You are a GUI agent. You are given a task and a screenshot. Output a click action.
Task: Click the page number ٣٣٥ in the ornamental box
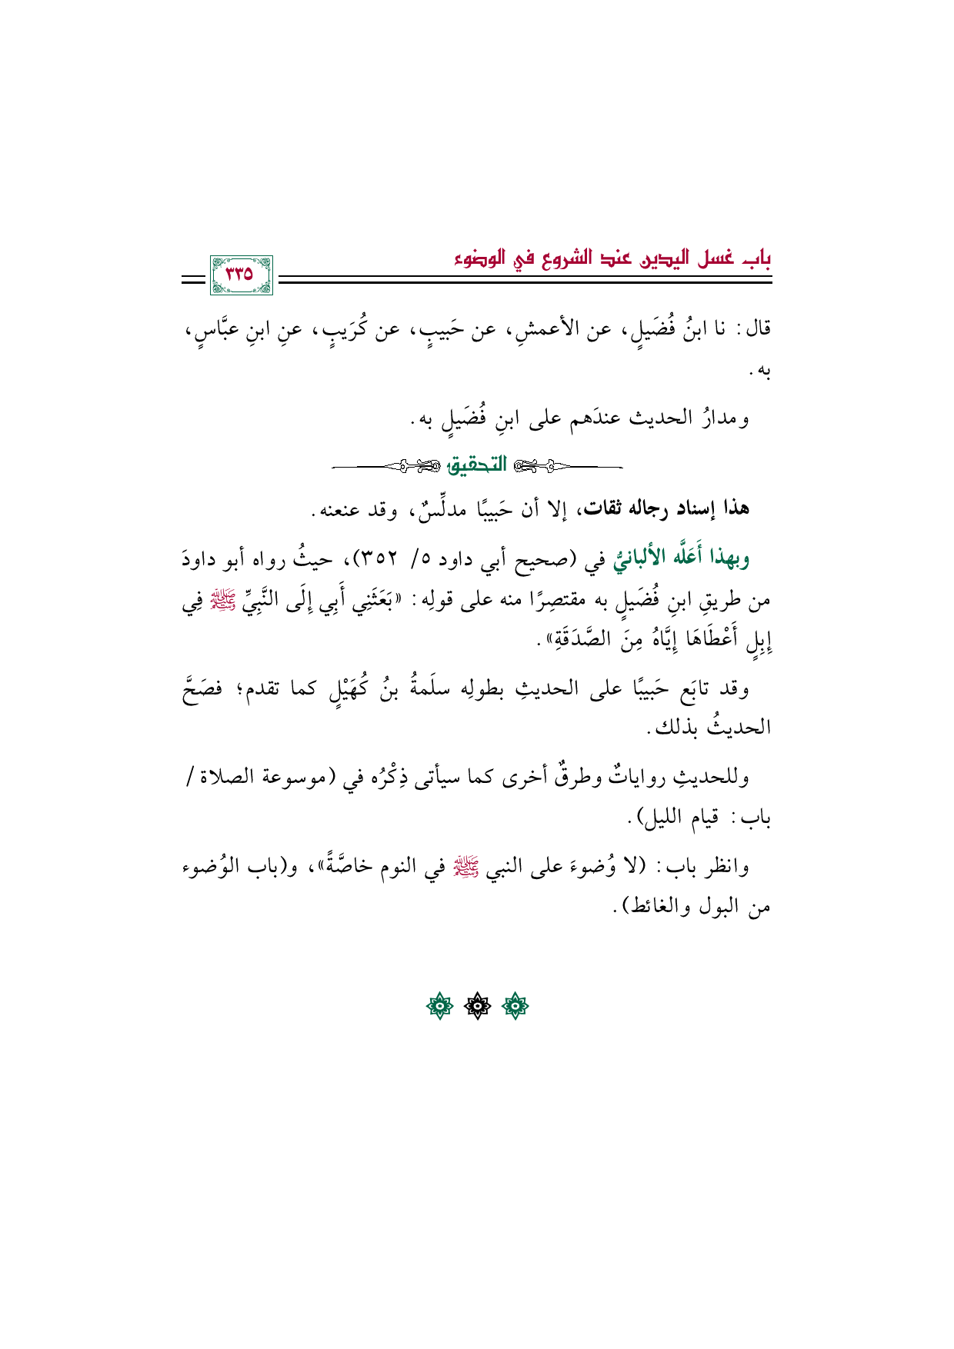click(x=239, y=274)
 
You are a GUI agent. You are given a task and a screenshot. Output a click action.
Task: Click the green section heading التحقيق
click(x=477, y=465)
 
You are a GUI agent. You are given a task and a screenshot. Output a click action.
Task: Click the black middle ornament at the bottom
click(x=477, y=1006)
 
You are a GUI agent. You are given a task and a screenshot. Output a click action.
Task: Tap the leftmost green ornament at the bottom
click(x=439, y=1006)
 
